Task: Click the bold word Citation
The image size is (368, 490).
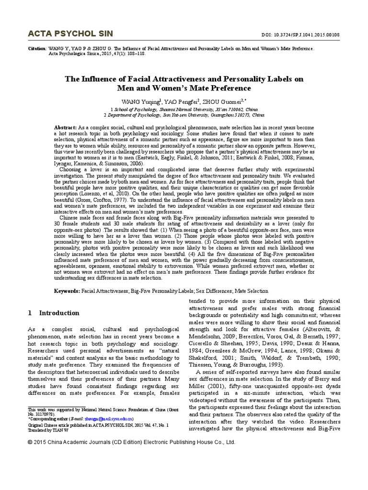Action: (37, 49)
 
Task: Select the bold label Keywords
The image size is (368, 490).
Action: (66, 290)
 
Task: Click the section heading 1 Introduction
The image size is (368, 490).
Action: (54, 313)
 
